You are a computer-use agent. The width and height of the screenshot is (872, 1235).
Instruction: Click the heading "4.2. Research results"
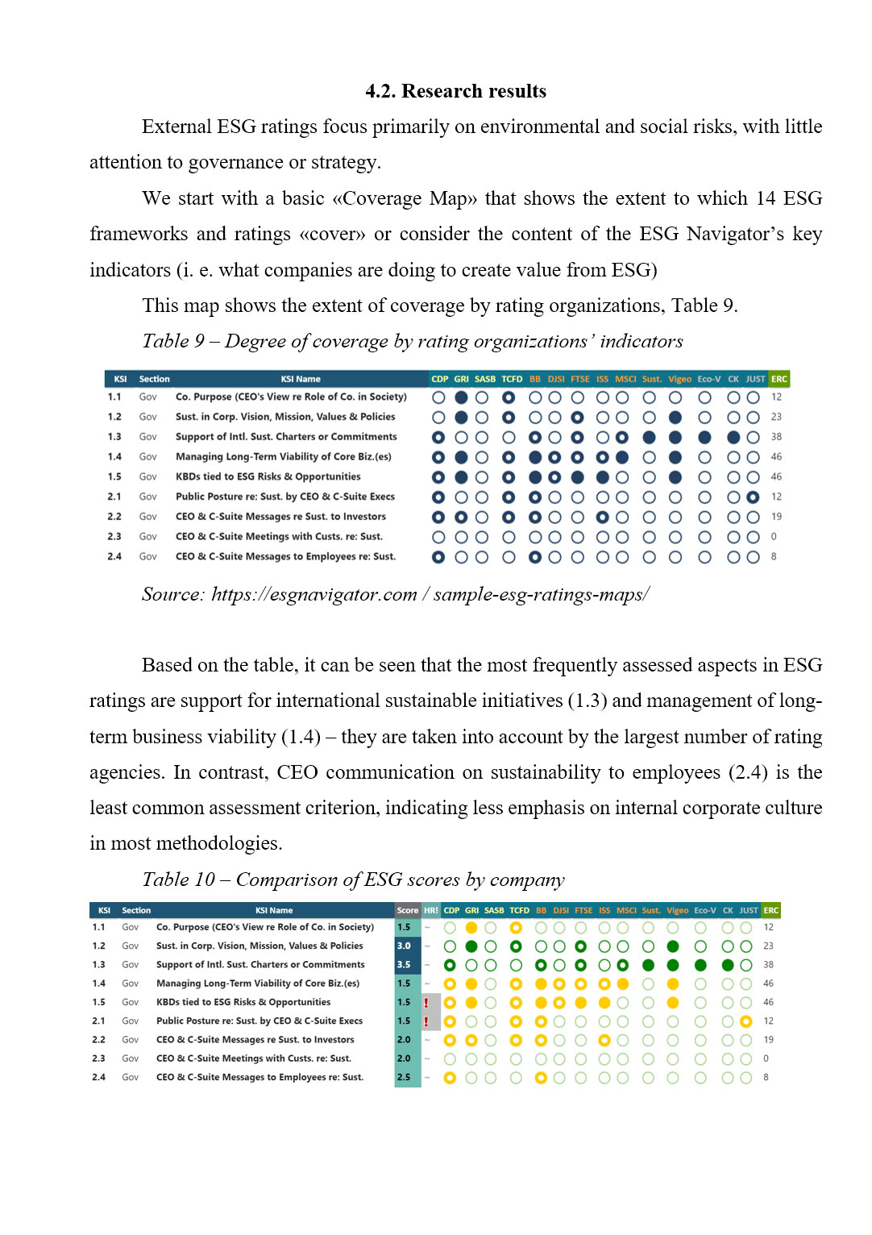click(455, 91)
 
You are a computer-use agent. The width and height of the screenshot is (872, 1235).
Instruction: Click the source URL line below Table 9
click(395, 595)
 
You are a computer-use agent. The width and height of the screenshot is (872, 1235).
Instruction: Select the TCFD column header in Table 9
click(512, 379)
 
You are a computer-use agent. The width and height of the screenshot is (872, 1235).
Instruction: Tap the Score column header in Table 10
click(407, 910)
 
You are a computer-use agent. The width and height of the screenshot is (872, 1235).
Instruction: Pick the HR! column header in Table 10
click(431, 910)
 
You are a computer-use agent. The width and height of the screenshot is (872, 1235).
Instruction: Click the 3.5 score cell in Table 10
click(405, 964)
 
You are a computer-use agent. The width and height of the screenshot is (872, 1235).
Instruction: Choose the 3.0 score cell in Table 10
click(405, 946)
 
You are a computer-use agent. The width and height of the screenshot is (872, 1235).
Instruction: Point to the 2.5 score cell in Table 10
click(405, 1077)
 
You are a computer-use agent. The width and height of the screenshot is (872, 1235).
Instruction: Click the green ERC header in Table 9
click(779, 379)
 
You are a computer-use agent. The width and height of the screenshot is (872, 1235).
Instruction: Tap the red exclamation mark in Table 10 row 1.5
click(426, 1003)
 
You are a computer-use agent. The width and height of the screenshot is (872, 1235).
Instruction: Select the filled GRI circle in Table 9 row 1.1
click(461, 397)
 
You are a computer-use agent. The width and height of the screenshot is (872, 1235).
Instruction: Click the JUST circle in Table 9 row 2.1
click(753, 497)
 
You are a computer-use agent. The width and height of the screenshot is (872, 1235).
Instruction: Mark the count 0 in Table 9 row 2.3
click(774, 536)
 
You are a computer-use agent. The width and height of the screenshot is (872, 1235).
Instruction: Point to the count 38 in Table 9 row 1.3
click(776, 437)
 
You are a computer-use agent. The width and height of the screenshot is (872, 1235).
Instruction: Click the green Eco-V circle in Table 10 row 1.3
click(700, 965)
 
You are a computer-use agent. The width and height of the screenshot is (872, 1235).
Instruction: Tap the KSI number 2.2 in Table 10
click(98, 1040)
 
